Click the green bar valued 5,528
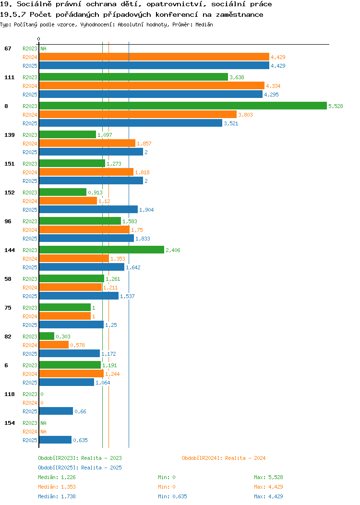point(183,106)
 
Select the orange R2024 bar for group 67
point(154,57)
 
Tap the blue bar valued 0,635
point(55,440)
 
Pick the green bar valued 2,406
point(102,250)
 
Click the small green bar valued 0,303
point(47,336)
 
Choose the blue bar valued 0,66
point(56,411)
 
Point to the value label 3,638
point(237,77)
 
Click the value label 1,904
point(146,210)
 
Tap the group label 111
point(9,77)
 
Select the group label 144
point(9,250)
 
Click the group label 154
point(9,423)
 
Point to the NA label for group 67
point(44,48)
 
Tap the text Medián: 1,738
point(57,496)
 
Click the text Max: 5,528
point(268,477)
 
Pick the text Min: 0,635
point(172,496)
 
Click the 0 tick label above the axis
point(39,39)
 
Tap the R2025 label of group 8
point(30,123)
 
